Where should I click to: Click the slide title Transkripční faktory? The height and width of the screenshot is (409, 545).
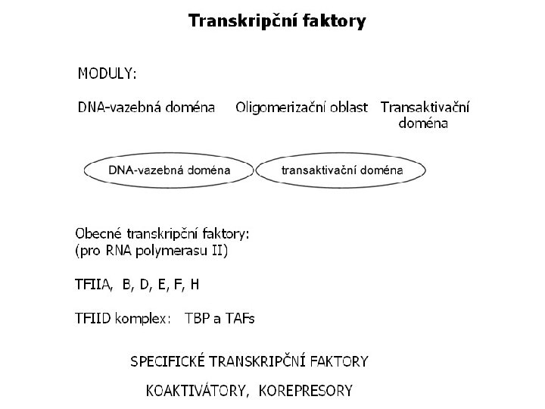click(276, 21)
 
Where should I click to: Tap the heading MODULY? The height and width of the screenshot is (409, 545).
click(107, 73)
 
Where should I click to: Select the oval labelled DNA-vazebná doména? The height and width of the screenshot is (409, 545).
click(169, 170)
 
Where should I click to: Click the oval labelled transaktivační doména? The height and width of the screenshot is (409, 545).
click(341, 170)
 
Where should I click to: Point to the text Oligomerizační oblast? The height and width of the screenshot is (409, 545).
click(301, 108)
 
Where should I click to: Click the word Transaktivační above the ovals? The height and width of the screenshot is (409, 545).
click(425, 108)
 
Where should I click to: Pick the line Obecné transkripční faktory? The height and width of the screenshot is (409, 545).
click(162, 233)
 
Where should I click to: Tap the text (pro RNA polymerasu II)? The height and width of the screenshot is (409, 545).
click(151, 250)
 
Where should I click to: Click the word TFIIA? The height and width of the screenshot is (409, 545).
click(93, 285)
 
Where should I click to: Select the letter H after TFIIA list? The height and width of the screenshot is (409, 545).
click(195, 285)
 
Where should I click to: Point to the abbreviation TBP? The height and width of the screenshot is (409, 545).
click(198, 318)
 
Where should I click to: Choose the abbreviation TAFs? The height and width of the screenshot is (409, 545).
click(238, 318)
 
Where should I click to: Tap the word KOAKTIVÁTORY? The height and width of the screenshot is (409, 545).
click(198, 391)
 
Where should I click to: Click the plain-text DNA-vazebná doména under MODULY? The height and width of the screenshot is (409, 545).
click(146, 108)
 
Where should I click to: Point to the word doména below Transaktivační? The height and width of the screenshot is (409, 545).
click(423, 123)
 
